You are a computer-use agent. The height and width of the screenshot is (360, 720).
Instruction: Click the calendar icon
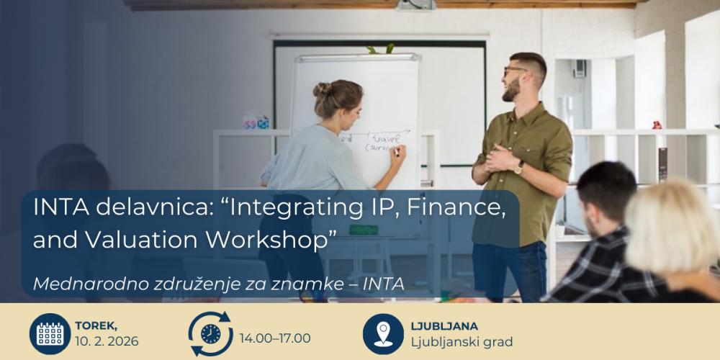pos(50,333)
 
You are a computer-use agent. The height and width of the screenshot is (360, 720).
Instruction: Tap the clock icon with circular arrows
pos(210,333)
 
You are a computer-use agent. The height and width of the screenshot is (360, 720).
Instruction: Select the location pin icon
pos(383,333)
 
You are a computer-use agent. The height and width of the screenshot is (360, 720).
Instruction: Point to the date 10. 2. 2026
pos(107,341)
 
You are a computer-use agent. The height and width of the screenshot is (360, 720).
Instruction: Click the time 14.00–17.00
pos(275,338)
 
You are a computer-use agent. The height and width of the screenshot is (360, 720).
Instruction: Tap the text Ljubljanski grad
pos(462,341)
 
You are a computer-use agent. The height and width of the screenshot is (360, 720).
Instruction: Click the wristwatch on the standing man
pos(519,167)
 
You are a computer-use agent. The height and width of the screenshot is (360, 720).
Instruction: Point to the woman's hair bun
pos(322,90)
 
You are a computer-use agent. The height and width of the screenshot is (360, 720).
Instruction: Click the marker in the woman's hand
pos(397,151)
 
